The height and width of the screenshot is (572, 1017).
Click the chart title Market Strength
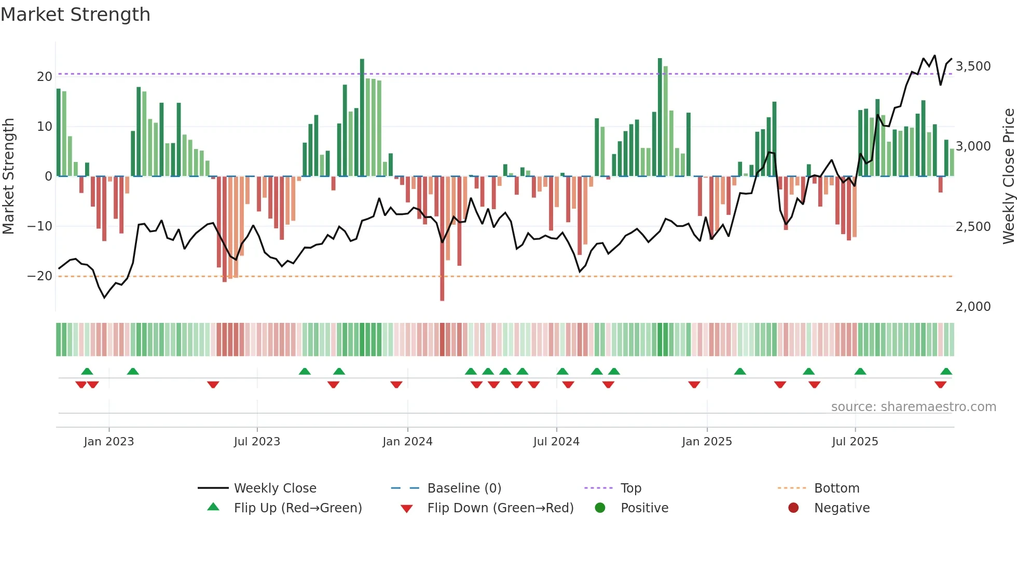pyautogui.click(x=75, y=15)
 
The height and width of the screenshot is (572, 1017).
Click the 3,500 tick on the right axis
pyautogui.click(x=973, y=66)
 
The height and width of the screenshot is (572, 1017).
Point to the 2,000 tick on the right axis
pyautogui.click(x=973, y=307)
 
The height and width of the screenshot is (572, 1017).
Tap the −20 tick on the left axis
pyautogui.click(x=40, y=276)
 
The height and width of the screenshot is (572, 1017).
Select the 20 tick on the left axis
pyautogui.click(x=44, y=77)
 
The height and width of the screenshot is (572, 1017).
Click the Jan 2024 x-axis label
pyautogui.click(x=407, y=442)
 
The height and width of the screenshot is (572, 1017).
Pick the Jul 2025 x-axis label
pyautogui.click(x=855, y=442)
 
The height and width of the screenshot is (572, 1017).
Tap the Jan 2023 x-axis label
pyautogui.click(x=108, y=442)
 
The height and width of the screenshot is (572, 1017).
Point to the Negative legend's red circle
pyautogui.click(x=793, y=508)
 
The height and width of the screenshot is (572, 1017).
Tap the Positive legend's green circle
pyautogui.click(x=600, y=508)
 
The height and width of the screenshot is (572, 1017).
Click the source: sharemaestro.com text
pyautogui.click(x=913, y=407)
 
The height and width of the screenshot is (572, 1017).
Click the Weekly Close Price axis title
pyautogui.click(x=1008, y=176)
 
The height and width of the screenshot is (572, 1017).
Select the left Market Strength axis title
pyautogui.click(x=8, y=176)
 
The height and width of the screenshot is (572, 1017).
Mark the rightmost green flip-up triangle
pyautogui.click(x=946, y=372)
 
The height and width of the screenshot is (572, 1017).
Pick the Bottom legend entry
pyautogui.click(x=836, y=488)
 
